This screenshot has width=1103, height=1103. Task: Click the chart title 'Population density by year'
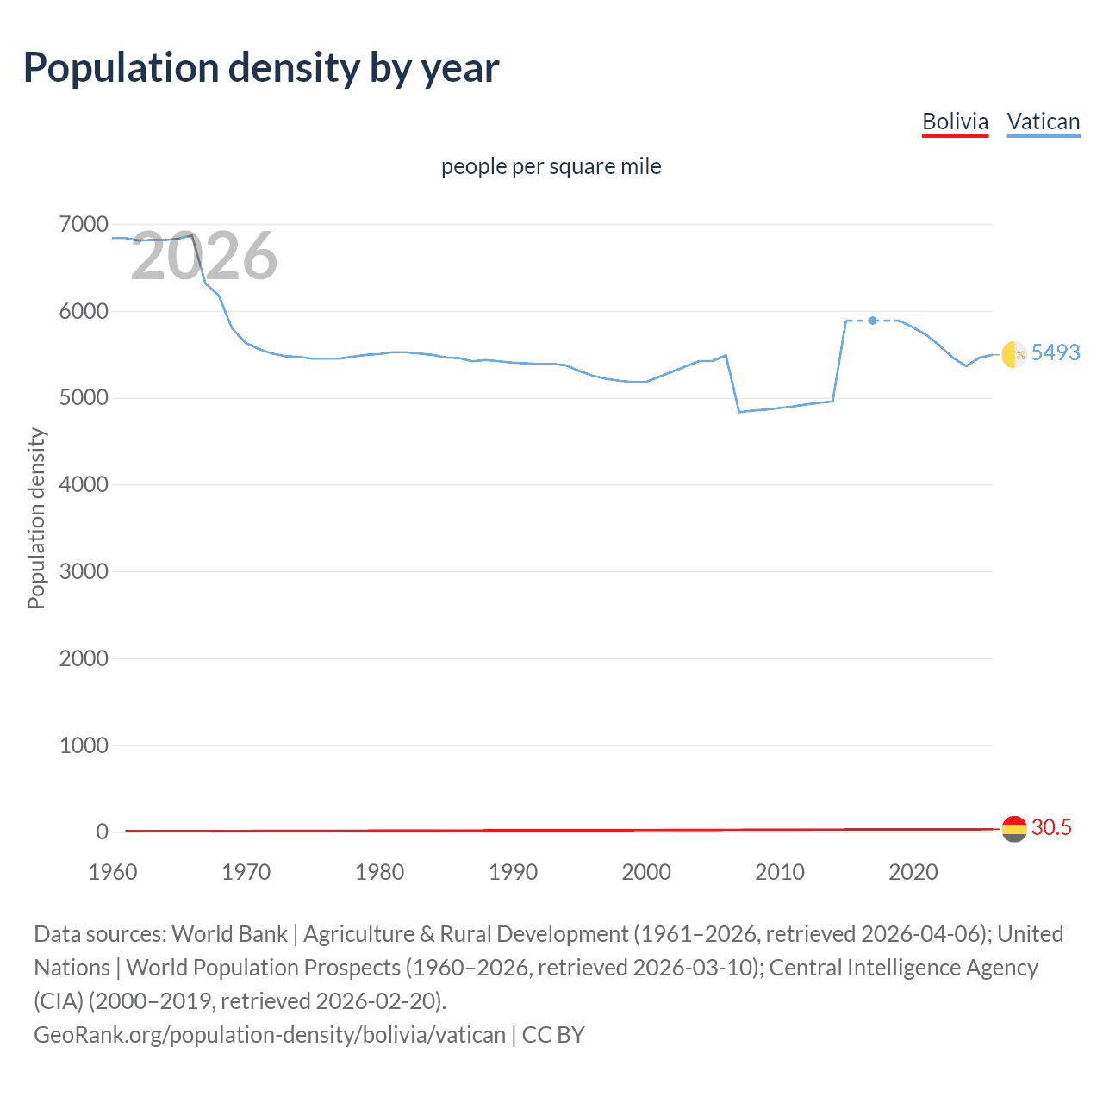[261, 68]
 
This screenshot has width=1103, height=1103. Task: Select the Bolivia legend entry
[955, 122]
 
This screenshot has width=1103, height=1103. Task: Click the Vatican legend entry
[1043, 122]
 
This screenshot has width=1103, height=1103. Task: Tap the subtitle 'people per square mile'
[551, 166]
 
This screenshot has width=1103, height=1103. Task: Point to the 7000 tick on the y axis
[84, 225]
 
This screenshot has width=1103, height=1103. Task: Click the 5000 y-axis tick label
[84, 398]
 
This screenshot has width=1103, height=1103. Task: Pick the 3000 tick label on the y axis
[84, 572]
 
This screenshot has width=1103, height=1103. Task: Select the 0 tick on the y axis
[103, 832]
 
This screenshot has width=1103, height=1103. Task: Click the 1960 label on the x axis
[113, 872]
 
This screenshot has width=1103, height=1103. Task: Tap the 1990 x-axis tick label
[513, 872]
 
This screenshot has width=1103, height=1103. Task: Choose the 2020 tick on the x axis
[913, 872]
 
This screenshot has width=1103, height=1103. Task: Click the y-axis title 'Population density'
[36, 519]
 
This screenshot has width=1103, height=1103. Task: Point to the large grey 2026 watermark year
[204, 256]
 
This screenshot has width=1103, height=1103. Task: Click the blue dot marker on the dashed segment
[873, 321]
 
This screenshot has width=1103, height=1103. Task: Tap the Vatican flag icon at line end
[1013, 353]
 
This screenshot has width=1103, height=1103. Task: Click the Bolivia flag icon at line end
[1013, 829]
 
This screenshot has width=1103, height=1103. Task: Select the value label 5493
[1056, 352]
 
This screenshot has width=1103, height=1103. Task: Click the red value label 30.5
[1051, 827]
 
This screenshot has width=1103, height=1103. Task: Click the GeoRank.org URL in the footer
[269, 1035]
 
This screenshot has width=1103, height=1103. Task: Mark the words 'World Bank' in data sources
[229, 934]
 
